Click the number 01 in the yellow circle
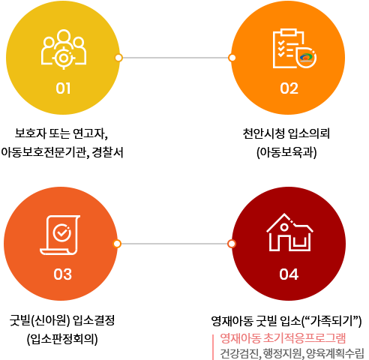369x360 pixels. point(63,88)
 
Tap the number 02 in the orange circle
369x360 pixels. point(289,88)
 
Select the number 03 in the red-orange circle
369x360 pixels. point(62,274)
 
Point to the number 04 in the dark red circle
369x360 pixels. point(289,274)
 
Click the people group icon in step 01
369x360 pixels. point(64,49)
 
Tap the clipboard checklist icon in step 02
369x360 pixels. point(295,48)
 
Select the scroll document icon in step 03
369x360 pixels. point(60,235)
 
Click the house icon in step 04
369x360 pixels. point(289,232)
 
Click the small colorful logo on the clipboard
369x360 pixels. point(305,57)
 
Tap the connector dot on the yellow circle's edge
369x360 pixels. point(118,58)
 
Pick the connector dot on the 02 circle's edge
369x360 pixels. point(232,58)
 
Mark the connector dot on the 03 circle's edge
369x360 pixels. point(117,244)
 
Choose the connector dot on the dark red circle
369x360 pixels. point(232,244)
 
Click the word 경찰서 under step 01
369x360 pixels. point(108,152)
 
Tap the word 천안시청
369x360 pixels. point(264,133)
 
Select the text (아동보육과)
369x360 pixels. point(286,152)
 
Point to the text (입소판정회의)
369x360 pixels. point(62,339)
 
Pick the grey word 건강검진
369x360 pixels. point(238,353)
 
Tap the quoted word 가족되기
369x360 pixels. point(331,320)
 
